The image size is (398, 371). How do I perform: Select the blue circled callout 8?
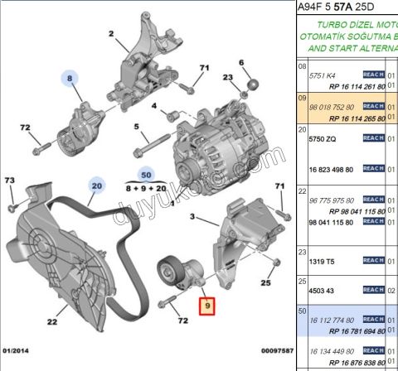pos(70,79)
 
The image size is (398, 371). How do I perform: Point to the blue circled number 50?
pos(146,176)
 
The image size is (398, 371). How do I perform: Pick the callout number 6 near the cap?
pos(241,63)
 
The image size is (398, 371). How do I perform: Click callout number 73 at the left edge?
pos(10,180)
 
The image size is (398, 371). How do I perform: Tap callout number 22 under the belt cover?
pos(51,322)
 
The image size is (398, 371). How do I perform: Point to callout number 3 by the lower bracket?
pos(192,218)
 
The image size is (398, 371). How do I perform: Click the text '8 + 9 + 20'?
pos(146,189)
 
